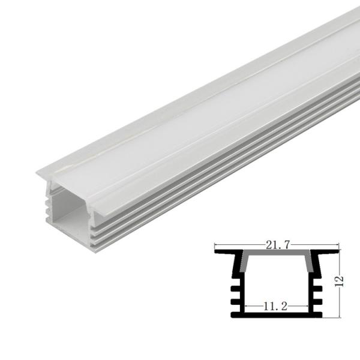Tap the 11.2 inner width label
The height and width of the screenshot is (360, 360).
point(276,306)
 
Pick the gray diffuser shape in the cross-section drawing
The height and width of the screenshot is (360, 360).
point(277,259)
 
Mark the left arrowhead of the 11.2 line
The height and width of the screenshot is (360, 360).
point(243,307)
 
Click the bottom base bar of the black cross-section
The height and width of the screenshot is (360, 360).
point(277,313)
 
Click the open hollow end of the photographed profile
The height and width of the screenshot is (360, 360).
point(68,213)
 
